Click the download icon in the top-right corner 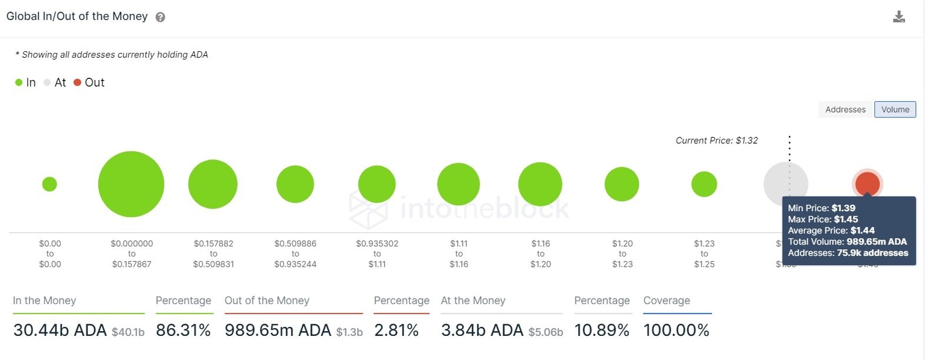point(899,17)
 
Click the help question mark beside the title point(160,17)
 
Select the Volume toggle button point(895,110)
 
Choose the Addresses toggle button point(845,110)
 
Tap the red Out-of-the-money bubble point(867,184)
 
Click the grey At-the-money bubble point(785,184)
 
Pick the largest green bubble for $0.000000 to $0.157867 point(131,184)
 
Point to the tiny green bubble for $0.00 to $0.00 point(49,184)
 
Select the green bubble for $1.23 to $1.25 point(704,184)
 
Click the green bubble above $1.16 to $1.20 point(540,184)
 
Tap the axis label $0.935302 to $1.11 point(377,253)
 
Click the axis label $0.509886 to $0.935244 point(295,253)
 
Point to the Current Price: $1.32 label point(717,141)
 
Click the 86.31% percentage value point(183,330)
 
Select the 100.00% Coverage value point(676,330)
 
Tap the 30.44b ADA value point(60,330)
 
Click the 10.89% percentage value point(602,330)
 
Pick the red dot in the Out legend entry point(77,82)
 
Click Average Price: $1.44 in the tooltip point(831,231)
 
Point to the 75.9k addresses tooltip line point(847,253)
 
